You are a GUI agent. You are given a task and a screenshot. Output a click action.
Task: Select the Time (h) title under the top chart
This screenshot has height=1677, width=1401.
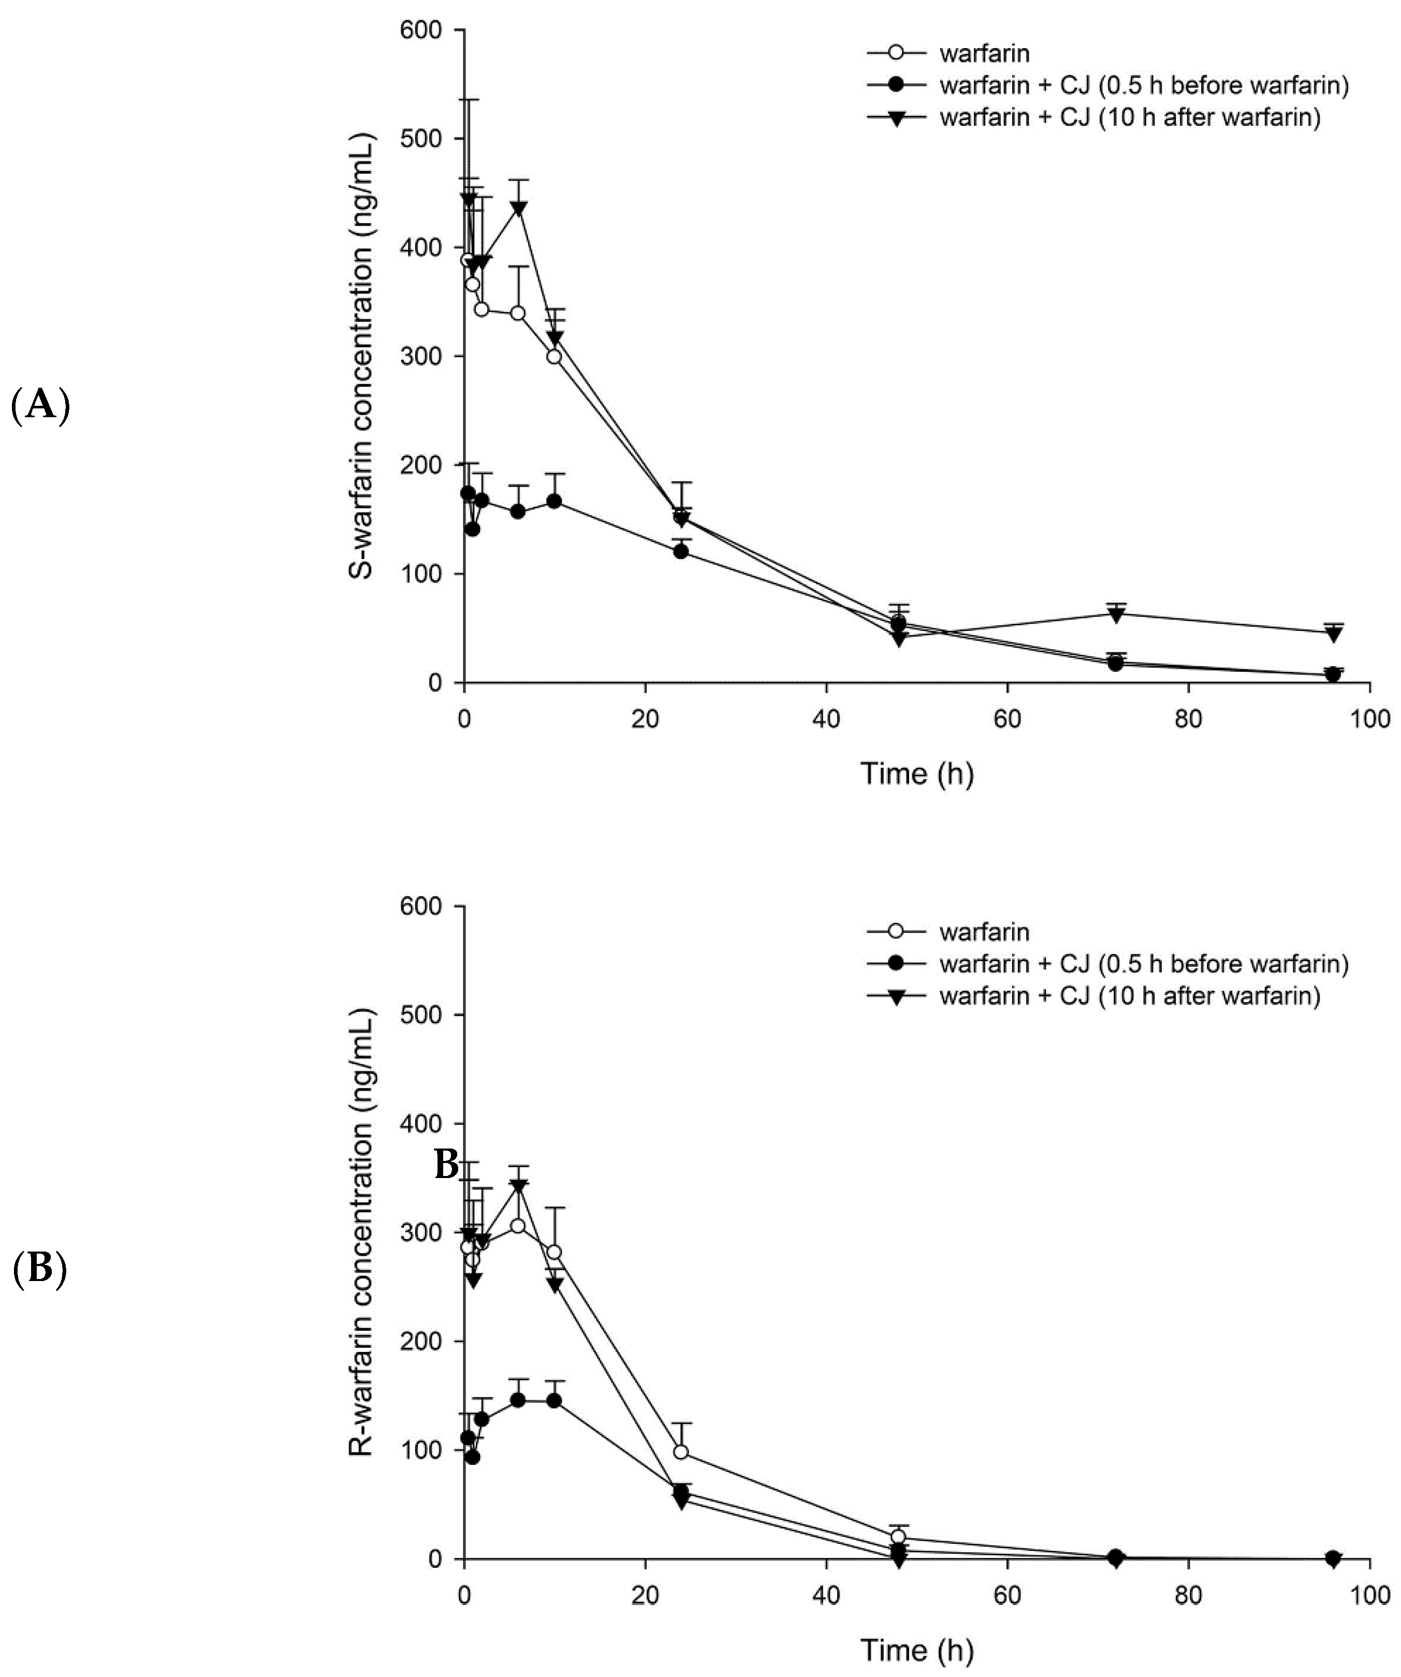pyautogui.click(x=916, y=773)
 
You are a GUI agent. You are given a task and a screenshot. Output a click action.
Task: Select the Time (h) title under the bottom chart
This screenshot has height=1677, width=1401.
pyautogui.click(x=916, y=1650)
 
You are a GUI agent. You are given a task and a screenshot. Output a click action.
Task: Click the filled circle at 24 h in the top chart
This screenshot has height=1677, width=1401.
pyautogui.click(x=680, y=551)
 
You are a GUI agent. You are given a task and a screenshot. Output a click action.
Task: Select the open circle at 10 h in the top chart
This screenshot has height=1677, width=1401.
pyautogui.click(x=553, y=356)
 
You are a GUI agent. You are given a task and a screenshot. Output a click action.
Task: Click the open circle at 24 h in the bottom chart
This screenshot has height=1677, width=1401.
pyautogui.click(x=680, y=1452)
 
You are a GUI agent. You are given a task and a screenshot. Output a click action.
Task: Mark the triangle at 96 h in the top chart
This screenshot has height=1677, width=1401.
pyautogui.click(x=1332, y=633)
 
